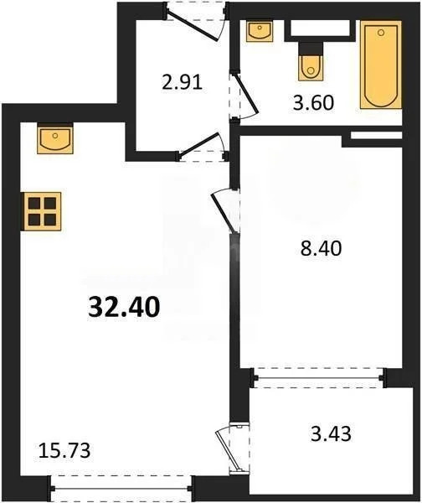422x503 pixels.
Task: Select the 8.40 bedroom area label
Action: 322,248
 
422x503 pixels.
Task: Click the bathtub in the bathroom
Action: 381,66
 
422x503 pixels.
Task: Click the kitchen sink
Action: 55,137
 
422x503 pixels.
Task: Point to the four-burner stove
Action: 41,210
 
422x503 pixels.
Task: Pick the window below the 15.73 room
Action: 121,484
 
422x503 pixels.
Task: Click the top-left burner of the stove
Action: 34,202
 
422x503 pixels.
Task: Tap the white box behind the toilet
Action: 319,31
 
